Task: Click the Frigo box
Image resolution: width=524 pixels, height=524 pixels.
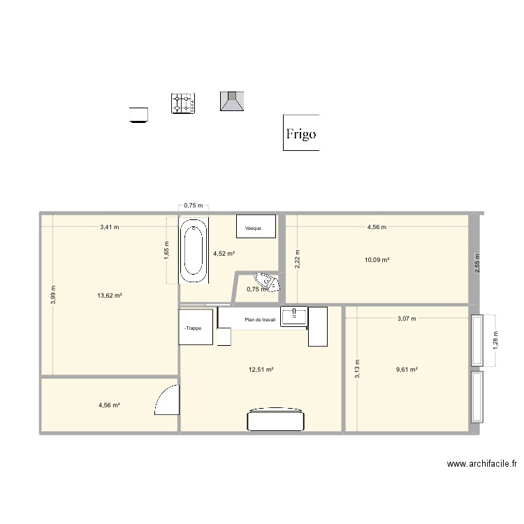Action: [301, 133]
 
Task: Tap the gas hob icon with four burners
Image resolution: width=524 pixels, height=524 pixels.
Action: [183, 104]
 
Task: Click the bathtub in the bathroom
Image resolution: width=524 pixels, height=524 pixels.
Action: [194, 252]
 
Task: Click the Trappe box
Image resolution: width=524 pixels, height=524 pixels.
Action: [196, 327]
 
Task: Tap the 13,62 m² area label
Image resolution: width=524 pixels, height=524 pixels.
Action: [110, 295]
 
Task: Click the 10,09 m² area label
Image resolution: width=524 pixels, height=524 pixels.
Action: [377, 260]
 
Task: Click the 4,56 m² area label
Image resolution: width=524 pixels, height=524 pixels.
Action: [108, 405]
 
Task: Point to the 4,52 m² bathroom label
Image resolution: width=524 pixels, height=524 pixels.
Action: [224, 254]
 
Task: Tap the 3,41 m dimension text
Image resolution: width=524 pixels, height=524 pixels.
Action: [109, 227]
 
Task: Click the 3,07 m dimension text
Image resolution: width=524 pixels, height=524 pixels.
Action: [406, 319]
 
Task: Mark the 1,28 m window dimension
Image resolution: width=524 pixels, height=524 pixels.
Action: [495, 340]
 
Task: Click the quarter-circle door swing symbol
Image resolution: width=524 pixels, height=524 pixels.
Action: [166, 401]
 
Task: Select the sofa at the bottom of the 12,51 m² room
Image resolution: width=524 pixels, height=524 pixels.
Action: [276, 420]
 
